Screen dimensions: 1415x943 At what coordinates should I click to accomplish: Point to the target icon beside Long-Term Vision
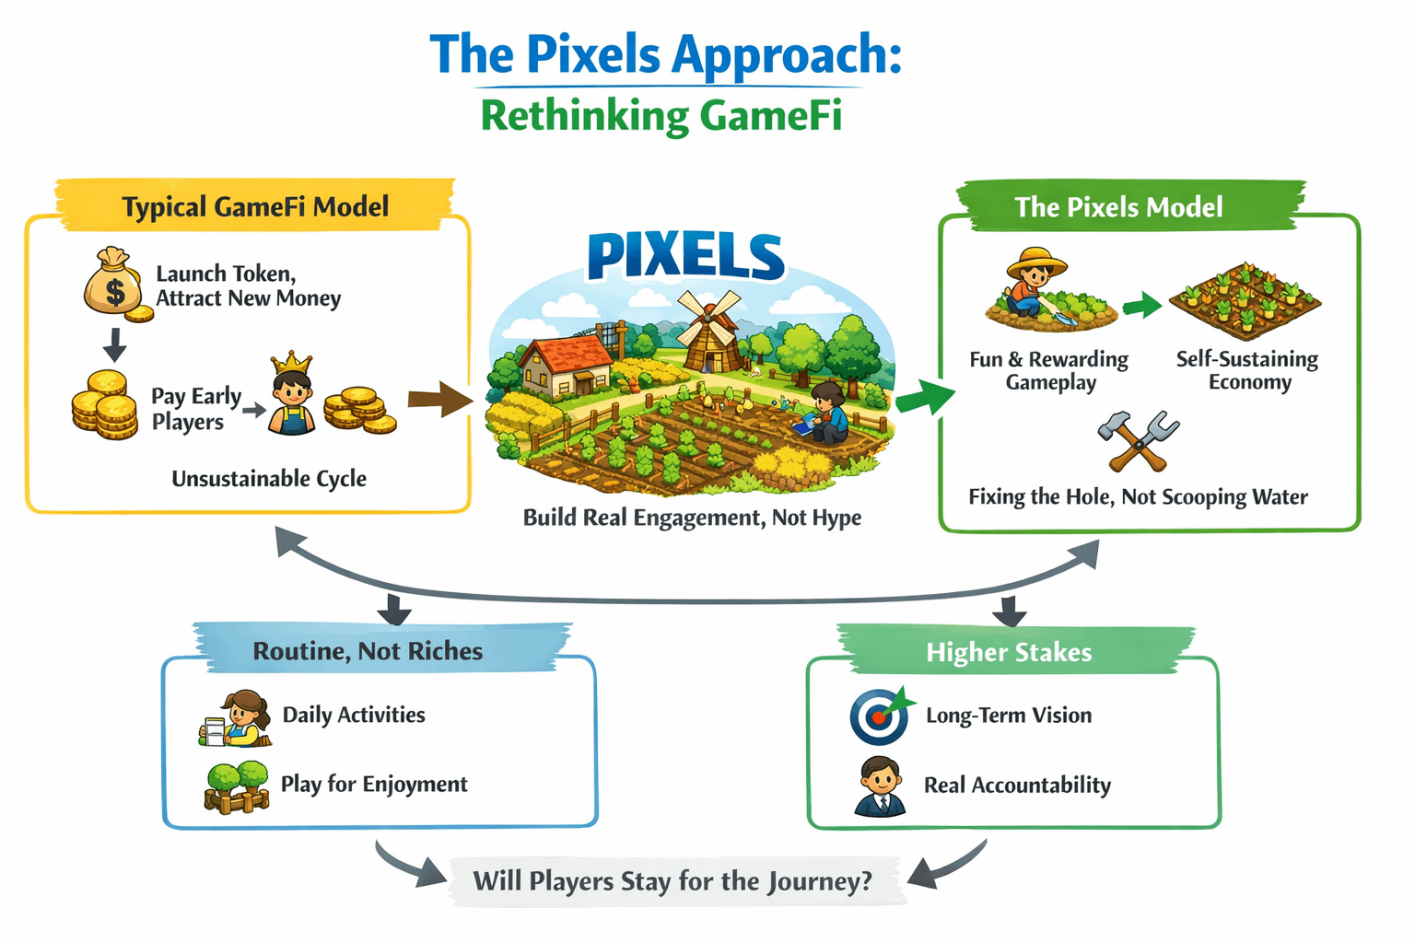[880, 716]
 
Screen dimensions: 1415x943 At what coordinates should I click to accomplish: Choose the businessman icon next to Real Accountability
[880, 786]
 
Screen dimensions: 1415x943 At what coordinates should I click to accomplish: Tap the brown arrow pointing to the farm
[440, 399]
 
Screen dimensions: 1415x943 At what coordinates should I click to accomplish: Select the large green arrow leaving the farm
[925, 398]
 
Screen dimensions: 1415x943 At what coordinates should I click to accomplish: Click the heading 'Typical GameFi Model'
[255, 206]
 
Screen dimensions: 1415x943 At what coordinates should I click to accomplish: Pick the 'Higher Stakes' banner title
[1009, 653]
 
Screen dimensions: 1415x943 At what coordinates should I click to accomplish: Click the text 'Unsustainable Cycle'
[269, 479]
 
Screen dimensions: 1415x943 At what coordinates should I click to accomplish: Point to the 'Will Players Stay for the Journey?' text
[672, 881]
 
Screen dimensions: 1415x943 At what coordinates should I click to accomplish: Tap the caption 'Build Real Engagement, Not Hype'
[692, 518]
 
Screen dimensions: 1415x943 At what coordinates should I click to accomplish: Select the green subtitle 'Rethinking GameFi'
[661, 117]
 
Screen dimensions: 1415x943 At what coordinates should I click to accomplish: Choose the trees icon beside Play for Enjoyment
[237, 786]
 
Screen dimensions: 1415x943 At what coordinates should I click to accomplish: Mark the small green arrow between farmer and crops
[1141, 305]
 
